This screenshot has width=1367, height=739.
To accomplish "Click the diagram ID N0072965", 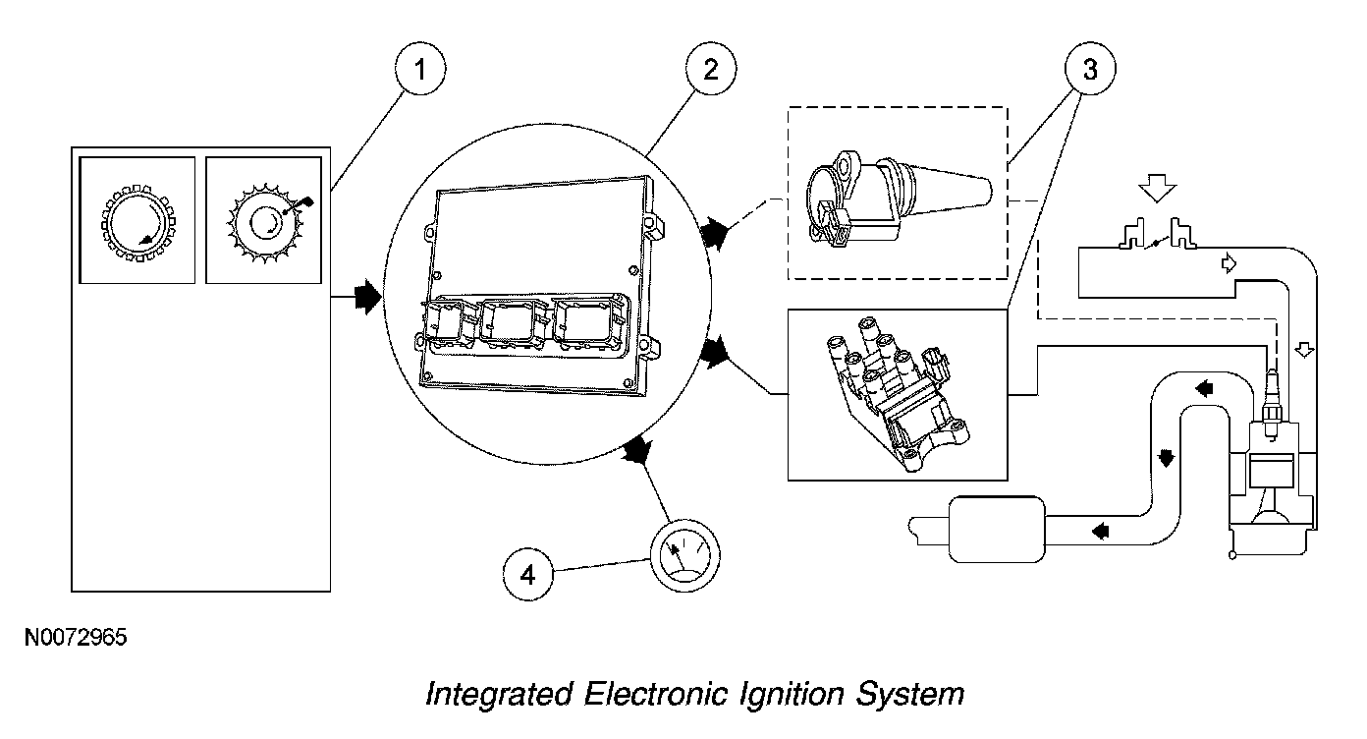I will pos(76,638).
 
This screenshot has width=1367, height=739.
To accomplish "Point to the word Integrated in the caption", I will pos(498,695).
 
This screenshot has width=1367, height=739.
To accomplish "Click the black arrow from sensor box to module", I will pos(366,296).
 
